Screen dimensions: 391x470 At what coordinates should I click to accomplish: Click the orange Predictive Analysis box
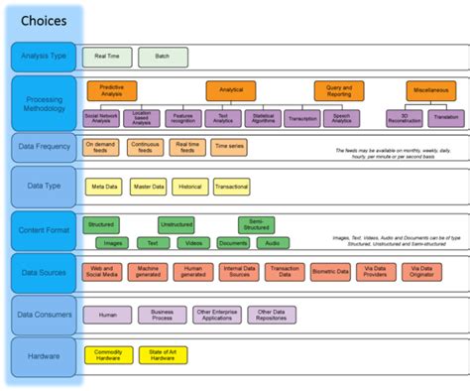(x=111, y=92)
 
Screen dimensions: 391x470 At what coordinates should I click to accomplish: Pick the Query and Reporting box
(x=338, y=92)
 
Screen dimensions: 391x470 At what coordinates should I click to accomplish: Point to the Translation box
(x=445, y=118)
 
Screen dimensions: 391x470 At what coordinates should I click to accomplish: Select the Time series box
(x=227, y=147)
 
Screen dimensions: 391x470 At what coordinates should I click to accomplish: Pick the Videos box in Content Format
(x=193, y=242)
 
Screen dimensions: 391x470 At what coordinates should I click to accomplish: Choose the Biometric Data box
(x=329, y=270)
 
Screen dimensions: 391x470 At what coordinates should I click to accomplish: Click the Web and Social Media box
(x=102, y=270)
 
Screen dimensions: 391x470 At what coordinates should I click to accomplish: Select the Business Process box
(x=162, y=314)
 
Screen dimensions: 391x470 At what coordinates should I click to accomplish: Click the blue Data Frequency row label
(x=44, y=148)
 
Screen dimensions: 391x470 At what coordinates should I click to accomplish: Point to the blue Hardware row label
(x=44, y=355)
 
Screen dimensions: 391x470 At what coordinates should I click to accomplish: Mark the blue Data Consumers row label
(x=44, y=315)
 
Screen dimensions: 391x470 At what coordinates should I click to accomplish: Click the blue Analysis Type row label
(x=44, y=57)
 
